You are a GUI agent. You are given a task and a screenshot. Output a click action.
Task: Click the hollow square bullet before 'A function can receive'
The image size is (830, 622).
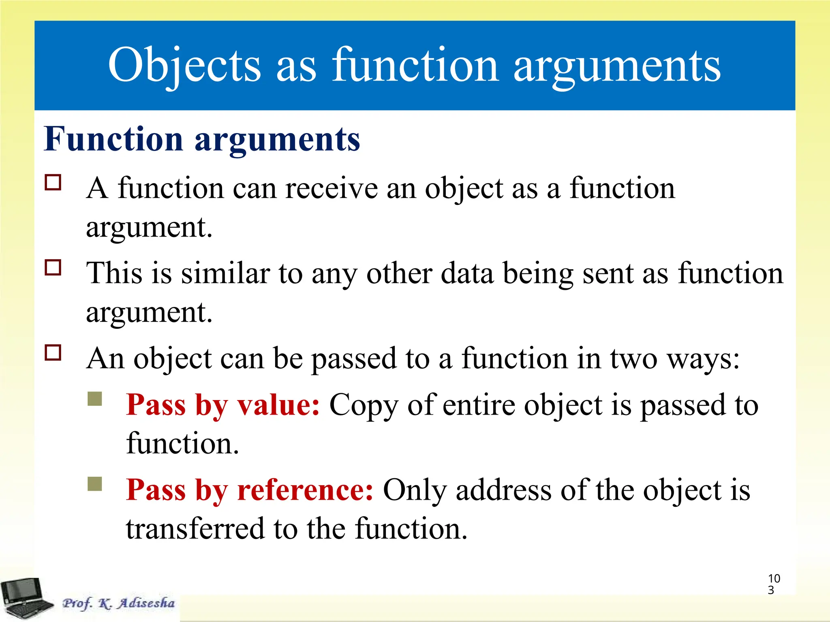pos(53,183)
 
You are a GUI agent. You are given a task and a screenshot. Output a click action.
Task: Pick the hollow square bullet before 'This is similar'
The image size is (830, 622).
pos(53,268)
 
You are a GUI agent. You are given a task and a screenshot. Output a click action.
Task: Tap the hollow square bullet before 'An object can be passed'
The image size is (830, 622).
pos(53,353)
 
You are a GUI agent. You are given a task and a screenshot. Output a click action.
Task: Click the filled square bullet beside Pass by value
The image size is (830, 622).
pos(95,399)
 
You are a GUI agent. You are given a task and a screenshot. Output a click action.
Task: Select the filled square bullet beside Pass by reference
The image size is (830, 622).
pos(95,484)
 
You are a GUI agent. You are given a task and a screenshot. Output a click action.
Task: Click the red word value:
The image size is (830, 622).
pos(278,405)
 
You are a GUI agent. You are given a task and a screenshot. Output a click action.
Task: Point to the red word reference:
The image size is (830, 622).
pos(305,490)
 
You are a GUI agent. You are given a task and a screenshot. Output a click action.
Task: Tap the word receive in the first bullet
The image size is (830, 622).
pos(331,189)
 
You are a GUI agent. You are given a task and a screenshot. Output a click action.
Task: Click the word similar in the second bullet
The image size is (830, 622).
pos(225,274)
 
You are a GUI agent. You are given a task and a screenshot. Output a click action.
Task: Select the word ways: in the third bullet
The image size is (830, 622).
pos(703,359)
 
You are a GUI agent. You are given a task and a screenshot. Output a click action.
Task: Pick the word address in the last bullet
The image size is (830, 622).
pos(503,490)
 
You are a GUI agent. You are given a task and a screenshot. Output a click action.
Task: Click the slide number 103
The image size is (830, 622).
pos(773,584)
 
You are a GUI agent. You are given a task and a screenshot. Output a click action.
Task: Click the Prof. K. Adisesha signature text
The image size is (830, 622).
pos(118,603)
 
